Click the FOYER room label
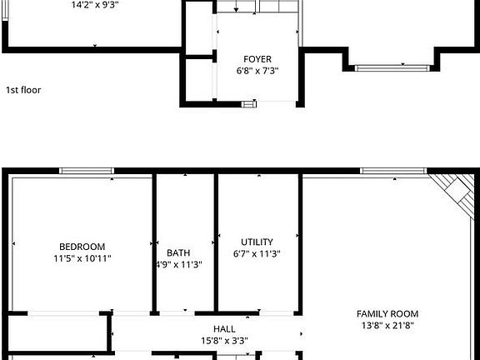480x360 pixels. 257,59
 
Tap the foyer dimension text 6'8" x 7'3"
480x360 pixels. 257,71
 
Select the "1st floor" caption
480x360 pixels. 23,90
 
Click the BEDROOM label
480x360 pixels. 82,246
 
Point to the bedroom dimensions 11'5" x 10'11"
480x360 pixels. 82,258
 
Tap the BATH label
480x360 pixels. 178,252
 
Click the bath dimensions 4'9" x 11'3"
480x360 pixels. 178,264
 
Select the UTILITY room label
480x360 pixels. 257,242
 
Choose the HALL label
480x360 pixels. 224,329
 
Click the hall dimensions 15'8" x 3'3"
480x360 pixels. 224,341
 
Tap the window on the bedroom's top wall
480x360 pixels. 87,172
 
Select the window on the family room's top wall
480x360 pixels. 393,172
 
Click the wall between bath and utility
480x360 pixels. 216,242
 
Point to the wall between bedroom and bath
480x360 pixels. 154,242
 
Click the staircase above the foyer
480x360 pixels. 258,7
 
